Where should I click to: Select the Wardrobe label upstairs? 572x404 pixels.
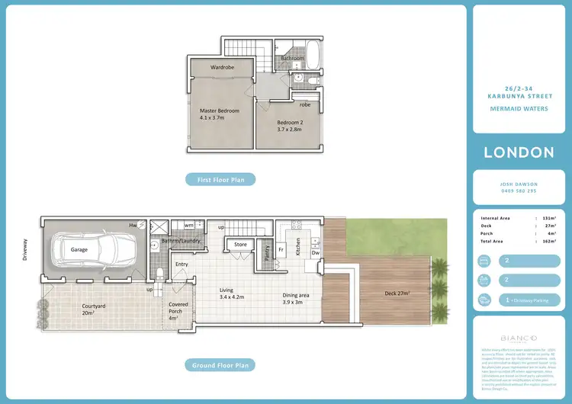[221, 68]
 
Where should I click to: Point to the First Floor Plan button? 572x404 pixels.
[220, 179]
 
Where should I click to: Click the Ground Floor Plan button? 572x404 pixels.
[220, 365]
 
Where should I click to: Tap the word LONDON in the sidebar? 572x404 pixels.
[519, 152]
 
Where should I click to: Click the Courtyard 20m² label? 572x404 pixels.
[93, 309]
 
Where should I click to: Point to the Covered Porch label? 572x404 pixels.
[178, 309]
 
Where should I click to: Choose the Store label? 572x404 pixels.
[241, 245]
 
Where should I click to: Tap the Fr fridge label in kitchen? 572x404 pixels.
[281, 249]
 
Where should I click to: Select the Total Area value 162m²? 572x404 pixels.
[550, 241]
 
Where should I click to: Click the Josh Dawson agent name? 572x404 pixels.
[519, 184]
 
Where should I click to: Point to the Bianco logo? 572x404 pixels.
[519, 338]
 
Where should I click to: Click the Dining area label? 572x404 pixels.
[292, 298]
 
